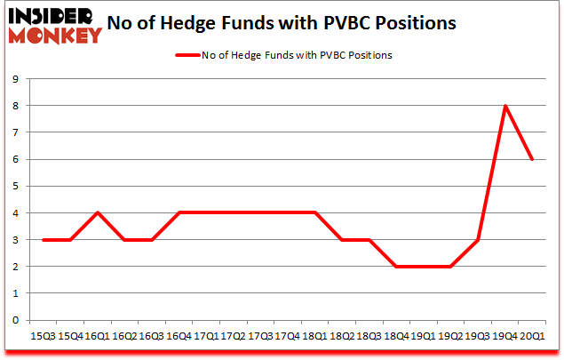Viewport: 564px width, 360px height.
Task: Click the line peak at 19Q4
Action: coord(504,106)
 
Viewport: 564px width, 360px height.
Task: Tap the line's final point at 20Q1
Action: coord(531,159)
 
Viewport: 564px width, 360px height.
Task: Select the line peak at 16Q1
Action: coord(97,212)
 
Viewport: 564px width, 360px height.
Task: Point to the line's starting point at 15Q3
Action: coord(43,239)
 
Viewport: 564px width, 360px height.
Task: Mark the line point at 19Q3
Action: coord(477,239)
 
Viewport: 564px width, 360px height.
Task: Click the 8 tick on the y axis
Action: coord(16,106)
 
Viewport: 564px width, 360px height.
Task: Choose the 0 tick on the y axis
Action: coord(16,320)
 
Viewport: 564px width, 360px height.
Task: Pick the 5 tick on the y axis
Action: coord(16,186)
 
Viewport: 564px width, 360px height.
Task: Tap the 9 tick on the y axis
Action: coord(16,79)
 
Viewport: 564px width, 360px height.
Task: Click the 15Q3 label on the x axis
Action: coord(43,336)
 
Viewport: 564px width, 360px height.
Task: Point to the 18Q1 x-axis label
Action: coord(314,336)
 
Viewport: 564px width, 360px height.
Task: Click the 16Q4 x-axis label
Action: coord(179,336)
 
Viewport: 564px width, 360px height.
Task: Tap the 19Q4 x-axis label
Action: coord(504,336)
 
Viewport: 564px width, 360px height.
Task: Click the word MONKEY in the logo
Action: coord(55,36)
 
